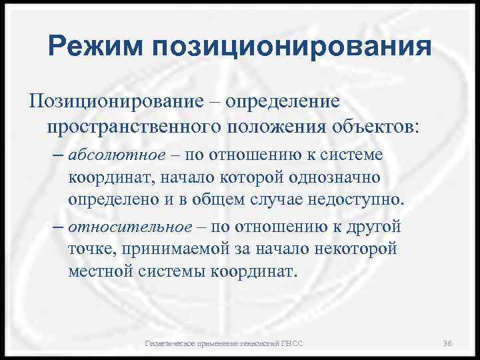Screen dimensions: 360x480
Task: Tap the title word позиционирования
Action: [x=292, y=49]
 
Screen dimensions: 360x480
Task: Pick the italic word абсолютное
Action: [x=116, y=155]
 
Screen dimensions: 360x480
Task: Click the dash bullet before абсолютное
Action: [x=57, y=155]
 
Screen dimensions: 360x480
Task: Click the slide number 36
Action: [x=448, y=343]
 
